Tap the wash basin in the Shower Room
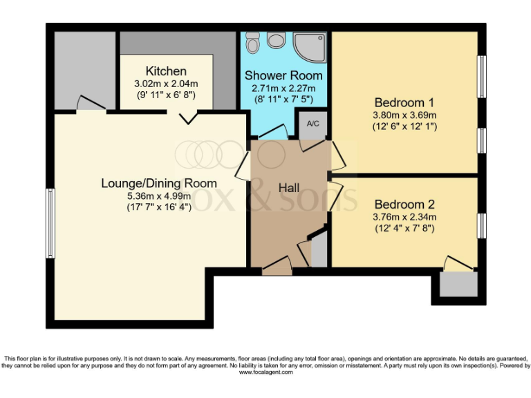276,41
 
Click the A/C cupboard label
313,124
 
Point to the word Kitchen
166,71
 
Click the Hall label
288,187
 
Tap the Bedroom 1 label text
404,99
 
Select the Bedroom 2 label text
404,205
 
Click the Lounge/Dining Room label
159,183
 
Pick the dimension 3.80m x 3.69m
404,114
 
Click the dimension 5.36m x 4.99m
159,196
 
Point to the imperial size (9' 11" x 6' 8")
166,95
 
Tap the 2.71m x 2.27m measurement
282,88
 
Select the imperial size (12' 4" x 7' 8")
404,228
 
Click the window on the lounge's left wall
50,224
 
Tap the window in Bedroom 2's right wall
481,225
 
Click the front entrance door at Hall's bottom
277,263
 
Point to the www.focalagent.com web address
265,372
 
